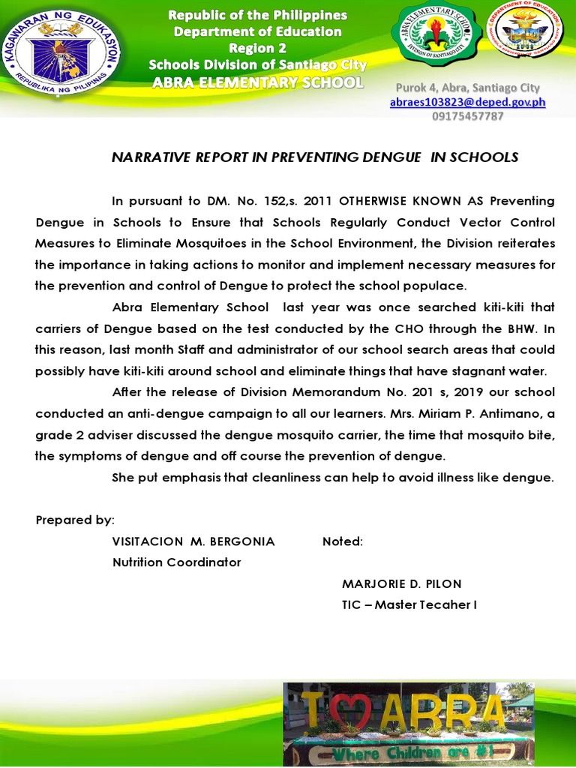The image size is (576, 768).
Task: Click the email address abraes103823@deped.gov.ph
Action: click(467, 103)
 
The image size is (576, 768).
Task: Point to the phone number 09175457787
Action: click(467, 116)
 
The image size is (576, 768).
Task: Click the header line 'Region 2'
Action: click(257, 48)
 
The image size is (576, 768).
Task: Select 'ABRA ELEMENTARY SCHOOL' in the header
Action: click(257, 82)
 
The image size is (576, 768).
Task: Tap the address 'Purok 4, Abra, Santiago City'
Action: click(467, 88)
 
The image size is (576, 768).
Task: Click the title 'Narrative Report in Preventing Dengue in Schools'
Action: click(315, 157)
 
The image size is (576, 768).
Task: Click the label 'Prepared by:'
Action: click(75, 520)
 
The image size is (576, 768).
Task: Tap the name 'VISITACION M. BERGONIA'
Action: click(193, 541)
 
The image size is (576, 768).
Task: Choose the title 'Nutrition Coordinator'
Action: click(177, 562)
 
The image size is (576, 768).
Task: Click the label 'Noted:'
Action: click(343, 541)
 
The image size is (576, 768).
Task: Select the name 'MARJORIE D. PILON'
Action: click(401, 583)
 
